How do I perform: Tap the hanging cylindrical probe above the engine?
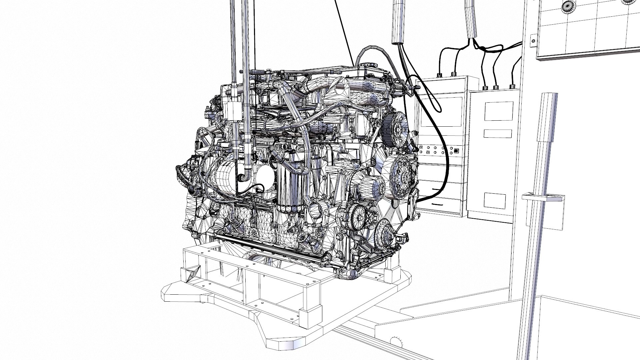click(398, 22)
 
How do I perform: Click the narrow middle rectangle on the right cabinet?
click(498, 134)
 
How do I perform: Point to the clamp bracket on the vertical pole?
click(543, 197)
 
